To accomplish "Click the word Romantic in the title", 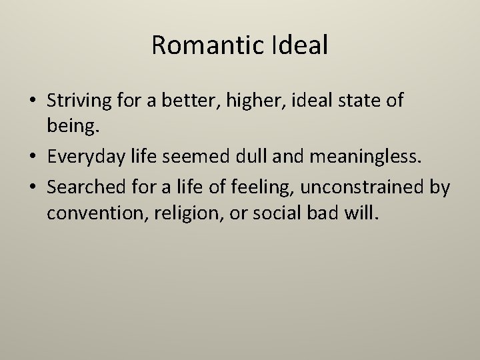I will [x=200, y=45].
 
